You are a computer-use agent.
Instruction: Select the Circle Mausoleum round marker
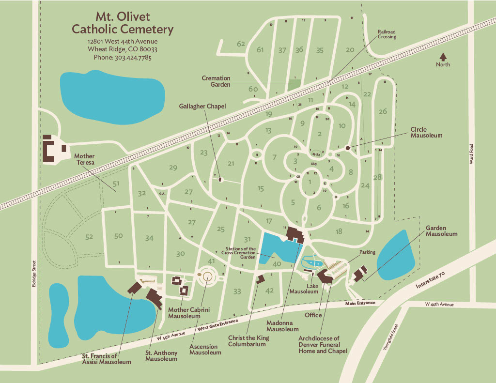coord(348,148)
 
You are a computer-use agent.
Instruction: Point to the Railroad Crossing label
coord(387,34)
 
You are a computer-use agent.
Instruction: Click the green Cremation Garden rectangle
coord(294,84)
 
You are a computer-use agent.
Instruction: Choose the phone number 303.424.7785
coord(123,57)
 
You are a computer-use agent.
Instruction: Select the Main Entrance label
coord(360,304)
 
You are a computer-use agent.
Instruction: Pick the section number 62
coord(241,44)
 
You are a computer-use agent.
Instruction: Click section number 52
coord(89,237)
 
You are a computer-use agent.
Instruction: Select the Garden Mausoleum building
coord(360,274)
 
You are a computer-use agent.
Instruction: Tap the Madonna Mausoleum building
coord(294,234)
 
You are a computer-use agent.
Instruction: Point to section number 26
coord(383,111)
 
